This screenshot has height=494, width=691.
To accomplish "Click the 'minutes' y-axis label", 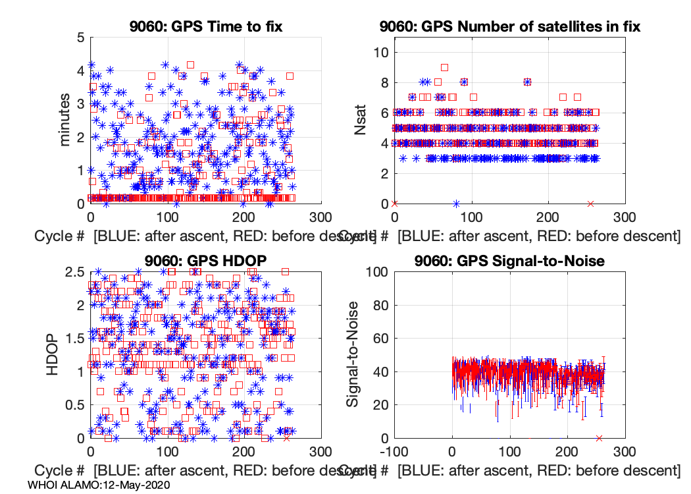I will (65, 120).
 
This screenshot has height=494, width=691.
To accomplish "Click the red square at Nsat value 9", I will (444, 67).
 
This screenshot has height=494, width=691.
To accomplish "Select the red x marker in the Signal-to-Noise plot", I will (599, 438).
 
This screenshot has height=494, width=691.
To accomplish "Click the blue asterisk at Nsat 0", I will (456, 204).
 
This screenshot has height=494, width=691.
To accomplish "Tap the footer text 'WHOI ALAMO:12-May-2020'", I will (99, 485).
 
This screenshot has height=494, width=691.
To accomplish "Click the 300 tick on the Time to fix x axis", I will (321, 218).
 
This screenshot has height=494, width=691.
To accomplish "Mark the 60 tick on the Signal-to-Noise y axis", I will (378, 339).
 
